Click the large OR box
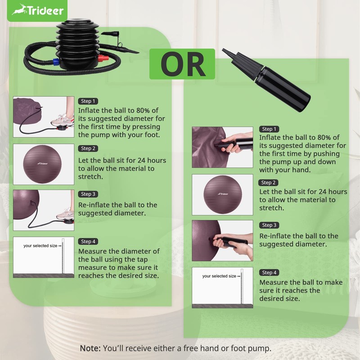182,64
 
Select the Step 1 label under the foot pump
88,101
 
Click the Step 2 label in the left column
88,148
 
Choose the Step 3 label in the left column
88,194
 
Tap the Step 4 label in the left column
88,242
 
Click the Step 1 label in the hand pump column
270,129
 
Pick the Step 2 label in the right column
269,183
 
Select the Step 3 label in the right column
269,225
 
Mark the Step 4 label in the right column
269,273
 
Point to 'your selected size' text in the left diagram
40,246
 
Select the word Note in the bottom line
90,348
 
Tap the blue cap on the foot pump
56,61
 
